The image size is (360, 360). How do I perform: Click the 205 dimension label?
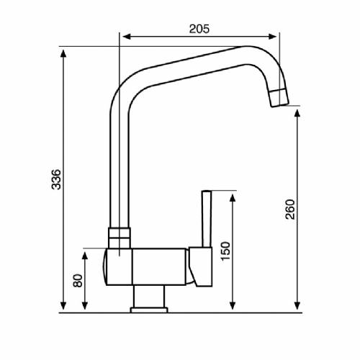click(199, 29)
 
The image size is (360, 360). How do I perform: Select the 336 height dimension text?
click(56, 180)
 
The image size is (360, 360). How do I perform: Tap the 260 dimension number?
click(289, 209)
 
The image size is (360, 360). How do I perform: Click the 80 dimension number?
click(77, 279)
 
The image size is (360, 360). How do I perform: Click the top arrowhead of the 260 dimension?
click(298, 113)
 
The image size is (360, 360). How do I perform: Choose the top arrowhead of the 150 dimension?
click(232, 196)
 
